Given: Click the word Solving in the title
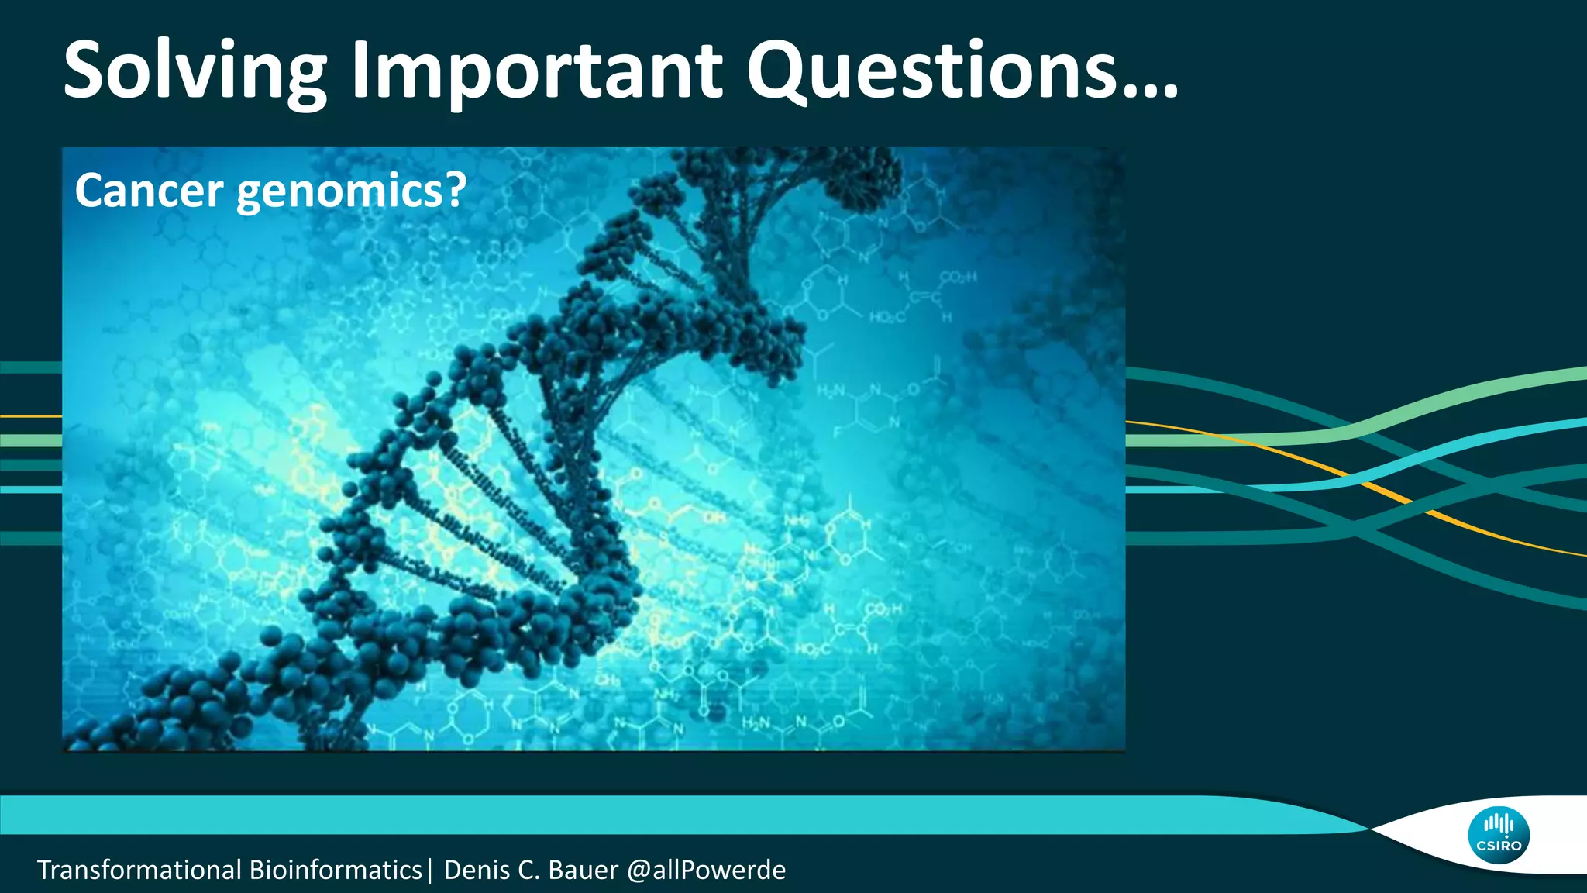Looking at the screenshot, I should coord(195,71).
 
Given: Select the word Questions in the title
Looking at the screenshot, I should coord(930,71).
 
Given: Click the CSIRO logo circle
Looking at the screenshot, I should coord(1498,836).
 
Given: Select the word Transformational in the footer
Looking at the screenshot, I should coord(139,870).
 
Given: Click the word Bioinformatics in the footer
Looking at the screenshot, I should coord(335,870).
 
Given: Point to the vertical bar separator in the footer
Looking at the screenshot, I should coord(429,870).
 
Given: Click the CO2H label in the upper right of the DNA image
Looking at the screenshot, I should coord(958,278).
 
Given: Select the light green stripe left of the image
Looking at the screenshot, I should coord(31,440).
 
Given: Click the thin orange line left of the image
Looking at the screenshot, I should coord(31,416).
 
